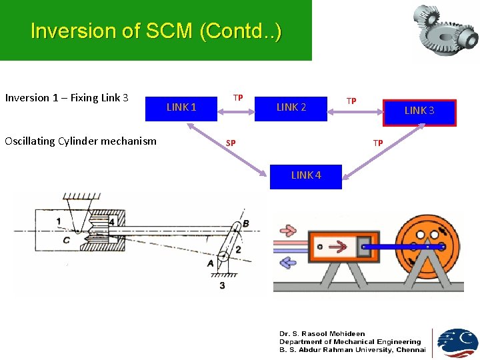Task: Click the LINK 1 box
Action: pos(181,107)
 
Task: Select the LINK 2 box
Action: pos(291,107)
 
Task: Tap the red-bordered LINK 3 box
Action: pos(419,111)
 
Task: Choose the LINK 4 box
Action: pos(305,175)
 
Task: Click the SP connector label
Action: pos(231,143)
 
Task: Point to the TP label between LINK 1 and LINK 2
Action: pos(237,98)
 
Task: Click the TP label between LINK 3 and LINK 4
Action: pos(378,143)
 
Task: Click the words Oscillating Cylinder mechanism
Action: pos(81,141)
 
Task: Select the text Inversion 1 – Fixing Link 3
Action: pos(67,98)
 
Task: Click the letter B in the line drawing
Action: pos(246,223)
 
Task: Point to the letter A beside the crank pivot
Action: pos(211,263)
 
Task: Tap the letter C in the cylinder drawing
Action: pos(66,240)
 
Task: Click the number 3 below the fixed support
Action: pos(222,285)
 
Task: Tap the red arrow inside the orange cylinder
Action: pos(339,247)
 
